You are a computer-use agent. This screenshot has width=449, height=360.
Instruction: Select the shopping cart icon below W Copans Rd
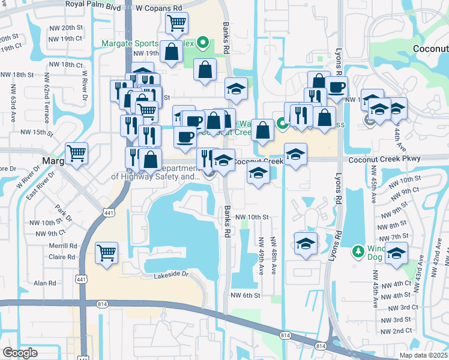point(176,23)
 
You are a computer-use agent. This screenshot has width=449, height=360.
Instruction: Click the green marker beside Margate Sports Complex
point(202,43)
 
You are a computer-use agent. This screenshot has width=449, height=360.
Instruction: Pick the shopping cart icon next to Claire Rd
point(106,253)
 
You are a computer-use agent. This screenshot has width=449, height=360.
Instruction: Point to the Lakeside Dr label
point(171,275)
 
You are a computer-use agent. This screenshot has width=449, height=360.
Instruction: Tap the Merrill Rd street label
point(64,246)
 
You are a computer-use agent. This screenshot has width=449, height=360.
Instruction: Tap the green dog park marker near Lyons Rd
point(358,250)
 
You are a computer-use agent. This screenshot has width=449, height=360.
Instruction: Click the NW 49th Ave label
point(262,256)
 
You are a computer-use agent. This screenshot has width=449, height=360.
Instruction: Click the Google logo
point(20,353)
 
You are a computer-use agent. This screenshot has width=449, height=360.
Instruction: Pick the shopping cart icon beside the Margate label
point(77,154)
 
